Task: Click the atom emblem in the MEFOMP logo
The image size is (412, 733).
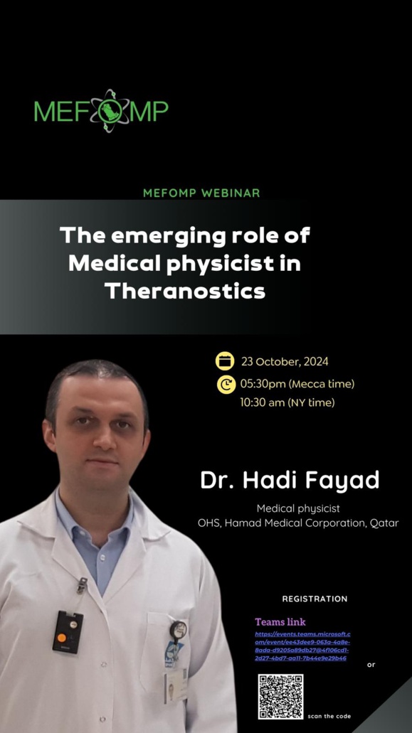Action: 110,112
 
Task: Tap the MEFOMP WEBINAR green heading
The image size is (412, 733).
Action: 201,193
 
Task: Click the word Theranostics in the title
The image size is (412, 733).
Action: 185,291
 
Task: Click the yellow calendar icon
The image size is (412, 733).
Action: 225,361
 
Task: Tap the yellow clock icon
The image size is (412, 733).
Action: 225,385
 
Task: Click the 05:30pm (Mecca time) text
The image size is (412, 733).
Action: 297,384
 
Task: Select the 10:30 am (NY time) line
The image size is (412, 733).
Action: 287,403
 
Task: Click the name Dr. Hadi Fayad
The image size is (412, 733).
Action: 290,480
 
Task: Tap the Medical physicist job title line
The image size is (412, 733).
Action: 298,508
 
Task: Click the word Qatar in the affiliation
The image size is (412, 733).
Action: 384,523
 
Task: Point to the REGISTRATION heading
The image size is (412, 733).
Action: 315,599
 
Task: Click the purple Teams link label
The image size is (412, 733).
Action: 280,622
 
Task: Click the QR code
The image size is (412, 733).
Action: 280,697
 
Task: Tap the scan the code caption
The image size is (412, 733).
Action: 329,716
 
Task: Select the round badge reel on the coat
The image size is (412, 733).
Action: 178,629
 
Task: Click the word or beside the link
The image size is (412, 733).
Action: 371,665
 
